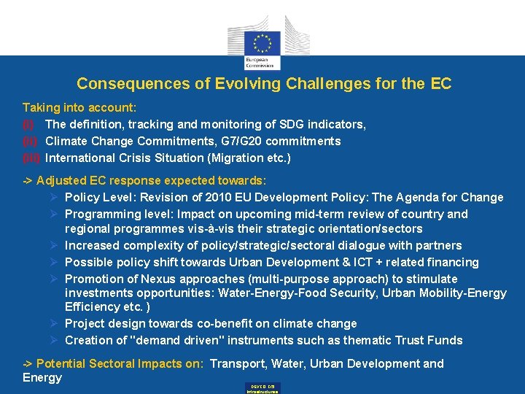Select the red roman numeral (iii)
coord(31,158)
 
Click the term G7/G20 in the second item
coord(237,141)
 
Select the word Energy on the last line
coord(42,377)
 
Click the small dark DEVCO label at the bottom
coord(262,388)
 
